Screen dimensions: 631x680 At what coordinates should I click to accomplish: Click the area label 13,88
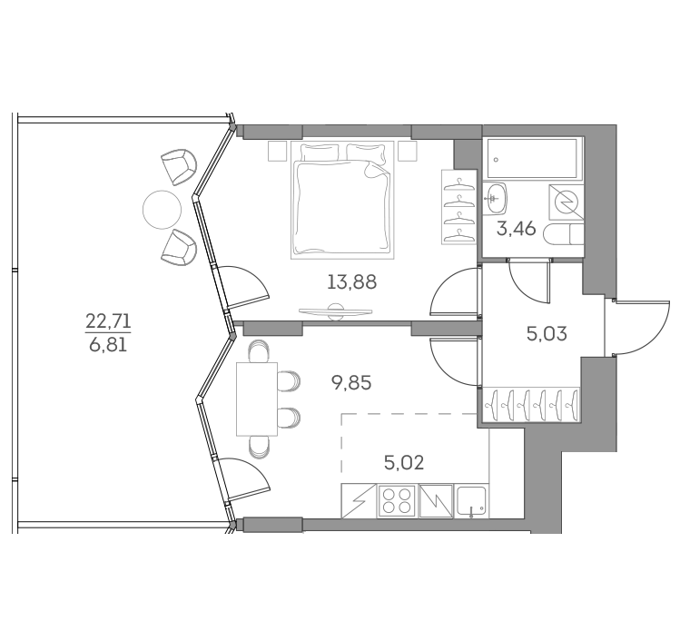point(350,281)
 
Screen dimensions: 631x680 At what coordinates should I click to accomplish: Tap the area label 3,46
point(513,229)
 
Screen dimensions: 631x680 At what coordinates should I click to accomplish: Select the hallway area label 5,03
point(547,332)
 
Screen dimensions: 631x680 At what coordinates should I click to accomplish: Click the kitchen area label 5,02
point(404,463)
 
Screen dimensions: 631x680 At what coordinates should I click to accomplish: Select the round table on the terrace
point(163,212)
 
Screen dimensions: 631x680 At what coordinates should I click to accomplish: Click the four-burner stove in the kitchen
point(396,501)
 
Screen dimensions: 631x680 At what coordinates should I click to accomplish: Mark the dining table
point(255,399)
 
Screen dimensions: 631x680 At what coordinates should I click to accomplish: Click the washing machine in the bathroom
point(566,202)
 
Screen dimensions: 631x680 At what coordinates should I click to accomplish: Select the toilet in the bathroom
point(563,236)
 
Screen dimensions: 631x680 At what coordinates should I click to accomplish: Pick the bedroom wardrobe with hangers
point(458,208)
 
